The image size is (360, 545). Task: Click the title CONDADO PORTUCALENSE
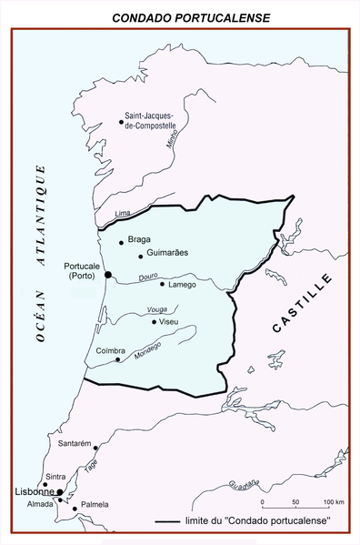(x=180, y=16)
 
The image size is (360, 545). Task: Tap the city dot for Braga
(x=122, y=242)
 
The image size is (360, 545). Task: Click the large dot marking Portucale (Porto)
(x=107, y=274)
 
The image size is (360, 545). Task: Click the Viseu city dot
(x=154, y=321)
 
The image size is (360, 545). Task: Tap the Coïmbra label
(x=111, y=350)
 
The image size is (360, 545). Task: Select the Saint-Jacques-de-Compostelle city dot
(x=121, y=121)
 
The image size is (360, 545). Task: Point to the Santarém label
(x=75, y=443)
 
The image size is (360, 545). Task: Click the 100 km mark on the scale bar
(x=329, y=502)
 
